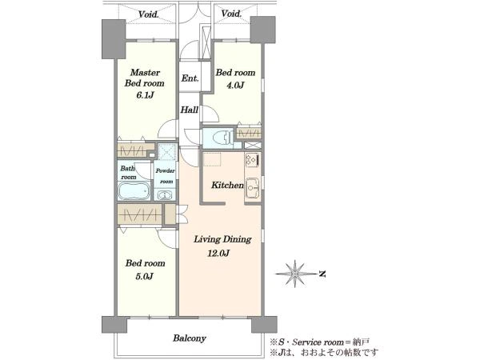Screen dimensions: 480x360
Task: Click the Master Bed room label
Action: pos(145,78)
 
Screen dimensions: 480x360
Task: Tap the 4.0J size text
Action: pos(234,85)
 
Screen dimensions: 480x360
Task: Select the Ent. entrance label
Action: pos(190,78)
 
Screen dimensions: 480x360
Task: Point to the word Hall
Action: pos(189,110)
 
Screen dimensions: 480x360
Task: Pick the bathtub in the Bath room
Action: pos(134,191)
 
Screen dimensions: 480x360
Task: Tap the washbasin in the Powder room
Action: pos(164,194)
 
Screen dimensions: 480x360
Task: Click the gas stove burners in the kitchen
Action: pos(252,160)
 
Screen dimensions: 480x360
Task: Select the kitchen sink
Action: pos(252,188)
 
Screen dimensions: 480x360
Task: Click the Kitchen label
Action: pos(227,186)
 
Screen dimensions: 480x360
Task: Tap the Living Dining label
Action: pos(222,239)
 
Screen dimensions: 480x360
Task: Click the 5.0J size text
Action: pos(144,277)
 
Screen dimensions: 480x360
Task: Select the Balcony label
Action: pos(189,338)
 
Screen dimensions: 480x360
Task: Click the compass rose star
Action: pos(294,274)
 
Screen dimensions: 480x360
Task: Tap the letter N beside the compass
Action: pos(322,274)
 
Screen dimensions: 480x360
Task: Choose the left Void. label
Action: pos(148,14)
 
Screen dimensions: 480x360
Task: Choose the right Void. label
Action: pos(231,14)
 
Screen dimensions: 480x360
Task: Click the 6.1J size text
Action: pos(145,95)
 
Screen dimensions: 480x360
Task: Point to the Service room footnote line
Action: pos(319,341)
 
